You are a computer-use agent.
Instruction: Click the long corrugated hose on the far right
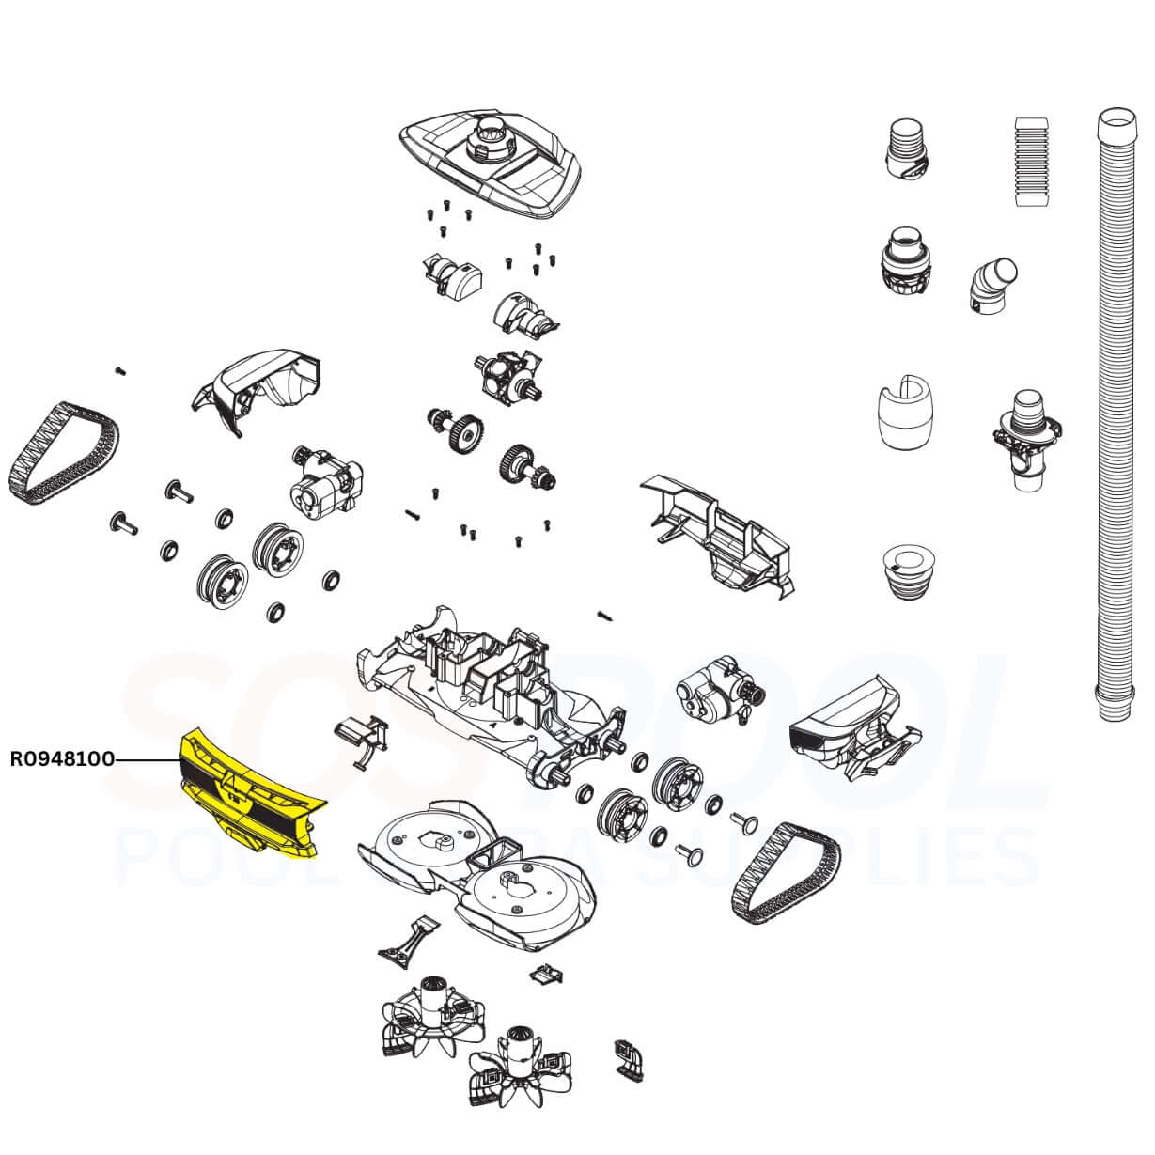click(x=1116, y=414)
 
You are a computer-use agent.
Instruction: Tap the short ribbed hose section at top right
click(x=1031, y=161)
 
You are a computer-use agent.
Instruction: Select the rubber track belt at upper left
click(x=65, y=453)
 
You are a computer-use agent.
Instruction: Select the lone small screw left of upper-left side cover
click(x=119, y=370)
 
